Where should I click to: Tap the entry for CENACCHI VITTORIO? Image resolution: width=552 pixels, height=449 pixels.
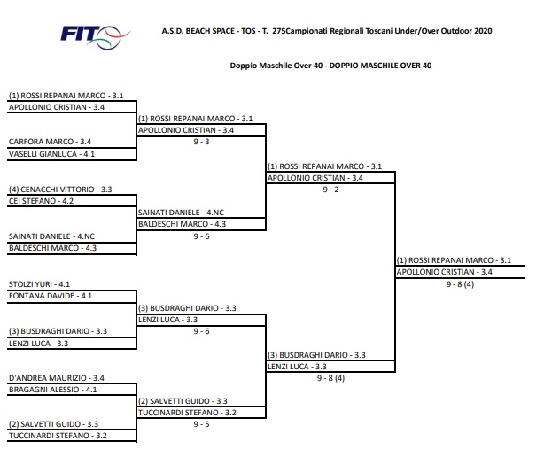[x=60, y=190]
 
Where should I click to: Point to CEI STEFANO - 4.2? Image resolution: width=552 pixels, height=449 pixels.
[x=41, y=201]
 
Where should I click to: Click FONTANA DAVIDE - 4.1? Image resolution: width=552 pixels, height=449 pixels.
[x=51, y=296]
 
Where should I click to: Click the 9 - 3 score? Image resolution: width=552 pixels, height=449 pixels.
[x=201, y=142]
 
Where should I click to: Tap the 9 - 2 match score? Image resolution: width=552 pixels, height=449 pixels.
[x=330, y=190]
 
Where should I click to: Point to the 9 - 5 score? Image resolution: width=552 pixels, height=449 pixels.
[x=201, y=424]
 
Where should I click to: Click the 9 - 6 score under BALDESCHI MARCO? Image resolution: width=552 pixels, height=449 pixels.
[x=201, y=236]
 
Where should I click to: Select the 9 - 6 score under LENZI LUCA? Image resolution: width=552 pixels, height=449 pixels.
[x=201, y=331]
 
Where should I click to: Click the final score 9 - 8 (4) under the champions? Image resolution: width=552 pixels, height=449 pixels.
[x=460, y=284]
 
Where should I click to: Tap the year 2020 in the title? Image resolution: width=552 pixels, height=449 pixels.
[x=483, y=31]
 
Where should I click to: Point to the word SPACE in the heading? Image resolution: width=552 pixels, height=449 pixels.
[x=222, y=31]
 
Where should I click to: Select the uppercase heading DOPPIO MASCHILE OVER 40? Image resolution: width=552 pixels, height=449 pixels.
[x=380, y=66]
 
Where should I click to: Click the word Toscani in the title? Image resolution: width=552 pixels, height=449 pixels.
[x=379, y=31]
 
